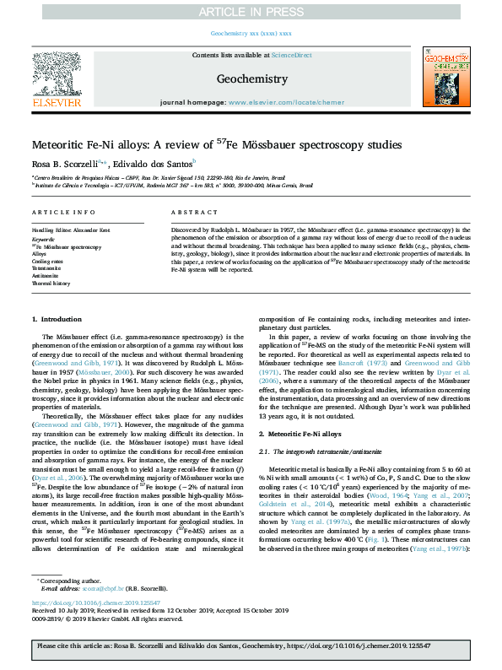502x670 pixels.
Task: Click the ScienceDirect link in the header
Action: (x=291, y=55)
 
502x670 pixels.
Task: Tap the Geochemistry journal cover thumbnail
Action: (x=445, y=77)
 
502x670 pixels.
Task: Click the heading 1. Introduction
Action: (x=57, y=319)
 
